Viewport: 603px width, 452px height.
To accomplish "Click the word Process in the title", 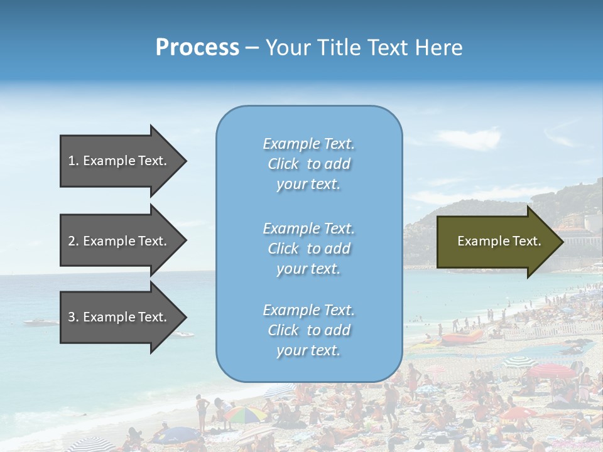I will (197, 48).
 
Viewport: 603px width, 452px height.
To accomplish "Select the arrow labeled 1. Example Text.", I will (117, 161).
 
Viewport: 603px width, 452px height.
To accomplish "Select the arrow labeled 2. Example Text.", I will (117, 241).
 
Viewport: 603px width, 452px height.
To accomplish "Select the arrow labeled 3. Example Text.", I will (117, 317).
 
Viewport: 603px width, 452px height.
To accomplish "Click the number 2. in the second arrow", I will (73, 241).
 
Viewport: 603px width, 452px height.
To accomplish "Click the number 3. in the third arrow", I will (73, 317).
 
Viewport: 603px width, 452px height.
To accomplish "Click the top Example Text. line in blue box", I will (308, 144).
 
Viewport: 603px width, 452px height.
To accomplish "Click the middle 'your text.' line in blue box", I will (308, 269).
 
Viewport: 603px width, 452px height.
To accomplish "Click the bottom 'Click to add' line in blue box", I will (308, 330).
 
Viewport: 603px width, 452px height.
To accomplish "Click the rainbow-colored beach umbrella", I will (246, 414).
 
